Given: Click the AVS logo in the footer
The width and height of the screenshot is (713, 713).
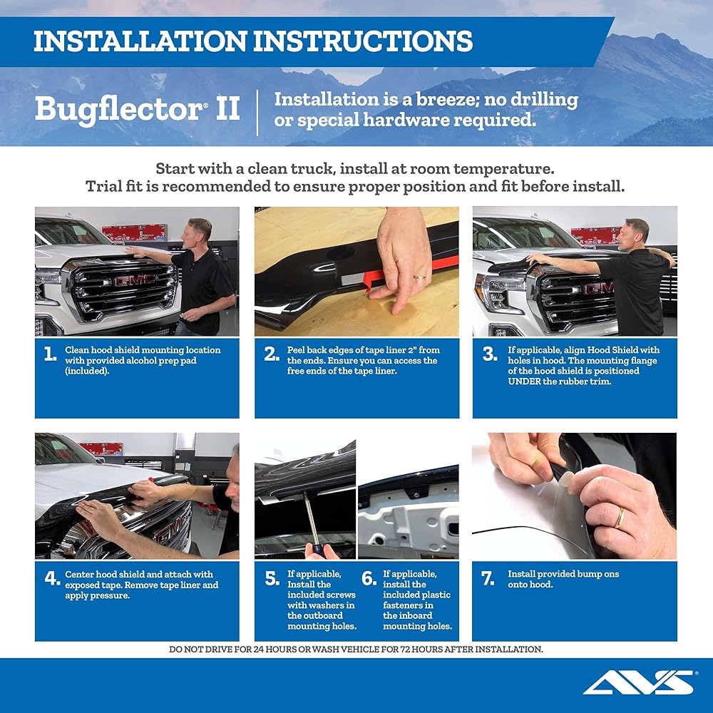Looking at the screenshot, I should tap(638, 682).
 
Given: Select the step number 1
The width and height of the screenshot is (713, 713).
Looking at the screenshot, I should tap(50, 354).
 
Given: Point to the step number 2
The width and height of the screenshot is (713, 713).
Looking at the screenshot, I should tap(271, 354).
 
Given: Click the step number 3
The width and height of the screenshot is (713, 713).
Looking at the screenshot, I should tap(489, 354).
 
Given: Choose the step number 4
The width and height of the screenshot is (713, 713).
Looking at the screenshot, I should tap(52, 578).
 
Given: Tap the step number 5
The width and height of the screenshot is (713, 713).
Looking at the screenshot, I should tap(272, 578).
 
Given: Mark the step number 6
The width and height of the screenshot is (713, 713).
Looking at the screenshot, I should tap(368, 578).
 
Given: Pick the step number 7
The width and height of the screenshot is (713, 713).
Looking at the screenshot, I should tap(488, 578).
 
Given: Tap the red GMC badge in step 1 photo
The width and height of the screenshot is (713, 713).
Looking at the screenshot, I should tap(133, 280).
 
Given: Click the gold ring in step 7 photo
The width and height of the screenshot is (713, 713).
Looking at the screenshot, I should tap(620, 517).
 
